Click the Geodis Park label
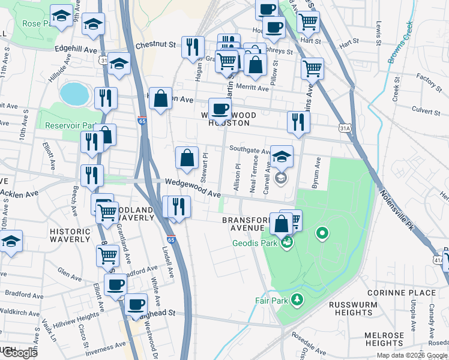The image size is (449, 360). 255,243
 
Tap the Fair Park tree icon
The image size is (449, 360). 297,299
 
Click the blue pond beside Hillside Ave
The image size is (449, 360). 74,94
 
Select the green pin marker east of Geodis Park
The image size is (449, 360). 322,233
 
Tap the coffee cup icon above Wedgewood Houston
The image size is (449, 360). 220,109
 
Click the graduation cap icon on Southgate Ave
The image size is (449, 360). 282,157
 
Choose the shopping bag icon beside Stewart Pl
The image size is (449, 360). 187,158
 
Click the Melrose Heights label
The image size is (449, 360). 384,339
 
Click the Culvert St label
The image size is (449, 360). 426,109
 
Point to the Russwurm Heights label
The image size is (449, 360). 352,308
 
